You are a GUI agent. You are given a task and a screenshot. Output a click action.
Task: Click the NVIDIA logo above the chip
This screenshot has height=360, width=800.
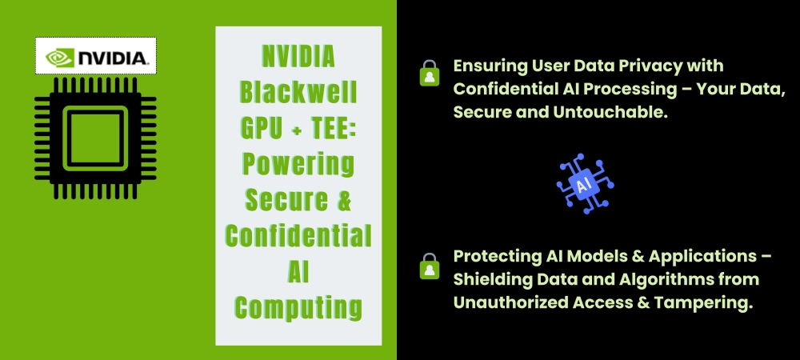96,56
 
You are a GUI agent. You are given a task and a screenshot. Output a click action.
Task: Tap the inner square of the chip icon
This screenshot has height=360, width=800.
95,138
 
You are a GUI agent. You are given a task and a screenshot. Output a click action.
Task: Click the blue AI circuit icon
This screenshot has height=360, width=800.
585,183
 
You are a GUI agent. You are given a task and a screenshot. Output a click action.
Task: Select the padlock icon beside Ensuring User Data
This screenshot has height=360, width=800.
430,73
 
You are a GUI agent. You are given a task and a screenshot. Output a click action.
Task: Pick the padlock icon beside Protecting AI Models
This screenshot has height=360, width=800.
430,266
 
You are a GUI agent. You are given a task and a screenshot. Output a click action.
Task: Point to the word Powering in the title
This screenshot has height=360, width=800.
298,163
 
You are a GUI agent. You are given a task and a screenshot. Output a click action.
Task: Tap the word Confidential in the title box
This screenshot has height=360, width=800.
298,235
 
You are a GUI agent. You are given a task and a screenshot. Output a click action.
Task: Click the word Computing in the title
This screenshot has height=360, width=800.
298,307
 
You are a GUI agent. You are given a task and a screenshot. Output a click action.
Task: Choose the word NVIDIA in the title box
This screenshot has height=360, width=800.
298,57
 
